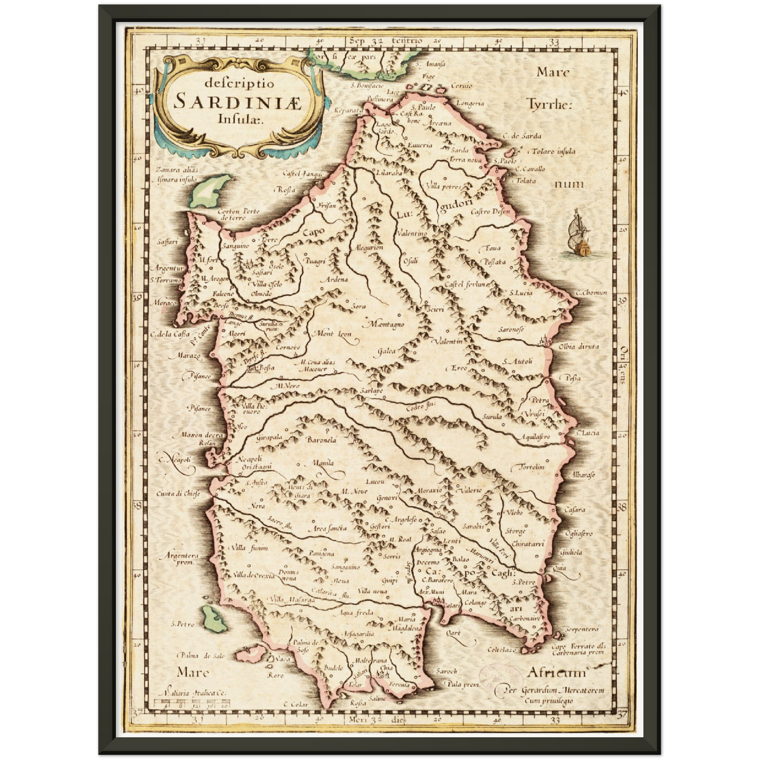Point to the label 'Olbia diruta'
coord(579,347)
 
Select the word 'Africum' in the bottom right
coord(555,673)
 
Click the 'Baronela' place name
coord(321,440)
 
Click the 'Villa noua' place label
coord(372,591)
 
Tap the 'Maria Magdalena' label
coord(407,624)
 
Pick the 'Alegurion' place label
coord(369,247)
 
